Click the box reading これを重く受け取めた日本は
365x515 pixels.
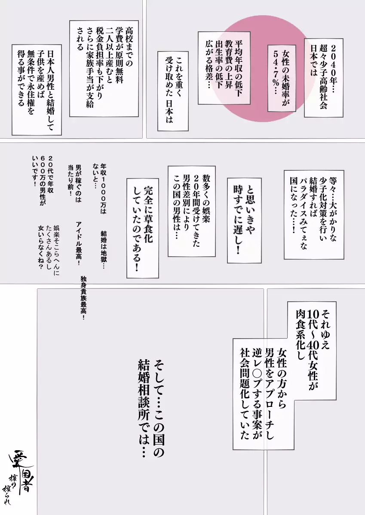tap(173, 91)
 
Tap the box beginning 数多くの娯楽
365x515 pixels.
tap(191, 210)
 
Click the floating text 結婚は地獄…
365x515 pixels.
tap(103, 249)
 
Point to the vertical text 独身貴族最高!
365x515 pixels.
tap(83, 298)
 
